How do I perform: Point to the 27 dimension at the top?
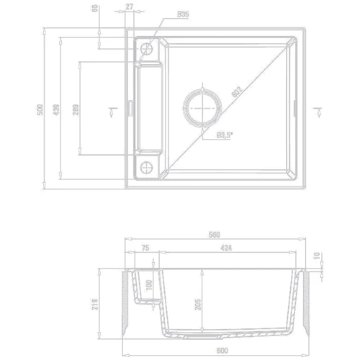(x=129, y=8)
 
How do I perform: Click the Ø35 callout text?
(x=182, y=13)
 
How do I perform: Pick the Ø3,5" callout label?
(x=222, y=134)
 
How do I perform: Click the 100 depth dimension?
(x=149, y=284)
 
